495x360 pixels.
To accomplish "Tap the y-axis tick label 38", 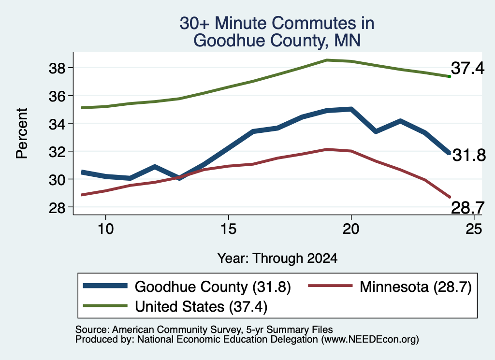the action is [x=57, y=68].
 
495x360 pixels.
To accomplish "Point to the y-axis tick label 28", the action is [x=57, y=207].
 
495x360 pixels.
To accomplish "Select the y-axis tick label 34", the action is [x=57, y=124].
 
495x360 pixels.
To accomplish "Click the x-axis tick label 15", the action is [x=228, y=229].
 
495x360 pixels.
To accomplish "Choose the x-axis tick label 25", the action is [x=474, y=229].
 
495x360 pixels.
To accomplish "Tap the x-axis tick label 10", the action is [x=105, y=229].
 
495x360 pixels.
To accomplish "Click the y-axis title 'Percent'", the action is [x=22, y=133].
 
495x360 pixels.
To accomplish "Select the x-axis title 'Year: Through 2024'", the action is [x=277, y=258].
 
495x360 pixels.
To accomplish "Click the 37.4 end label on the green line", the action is [x=467, y=68].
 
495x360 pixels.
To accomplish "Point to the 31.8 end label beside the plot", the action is [x=469, y=155].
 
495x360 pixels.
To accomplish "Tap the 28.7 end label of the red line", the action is [x=467, y=208].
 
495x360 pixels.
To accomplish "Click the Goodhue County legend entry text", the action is [x=213, y=287].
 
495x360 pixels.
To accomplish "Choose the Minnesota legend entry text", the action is [x=416, y=287].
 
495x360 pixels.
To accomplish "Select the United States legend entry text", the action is [x=201, y=306].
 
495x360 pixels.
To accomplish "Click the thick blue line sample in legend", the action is [x=105, y=286].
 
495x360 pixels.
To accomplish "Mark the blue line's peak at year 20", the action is [x=351, y=109].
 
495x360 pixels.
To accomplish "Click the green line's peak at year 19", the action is [x=327, y=60].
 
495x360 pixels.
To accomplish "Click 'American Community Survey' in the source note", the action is [x=176, y=330].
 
